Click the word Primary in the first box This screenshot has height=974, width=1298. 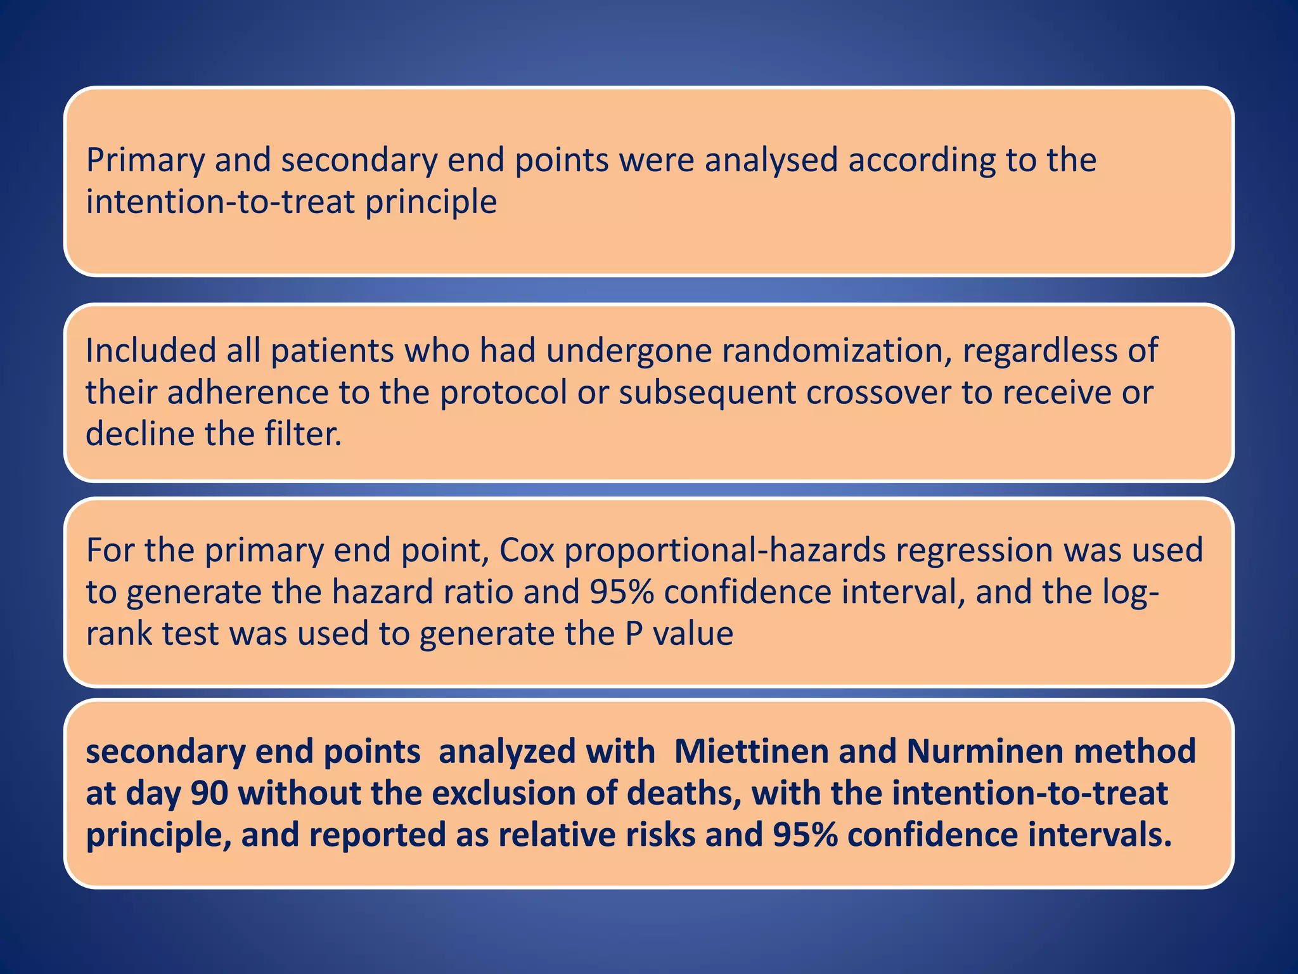pyautogui.click(x=145, y=160)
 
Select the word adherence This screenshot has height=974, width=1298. pyautogui.click(x=248, y=393)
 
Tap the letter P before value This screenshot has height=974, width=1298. pyautogui.click(x=634, y=634)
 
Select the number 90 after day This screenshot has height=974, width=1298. pyautogui.click(x=209, y=794)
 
